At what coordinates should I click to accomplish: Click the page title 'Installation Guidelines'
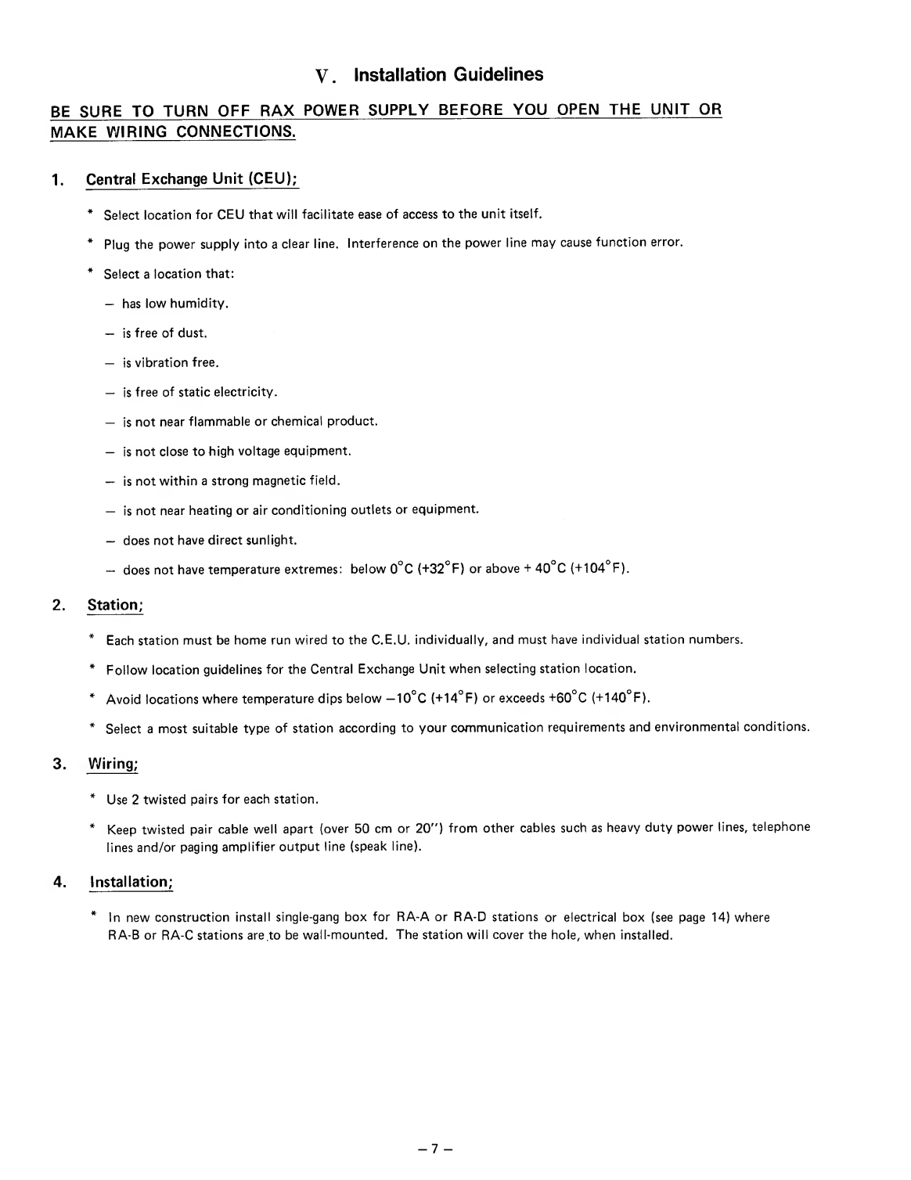[448, 75]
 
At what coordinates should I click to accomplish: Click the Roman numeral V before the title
[321, 77]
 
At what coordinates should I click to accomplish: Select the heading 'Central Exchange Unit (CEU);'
[192, 179]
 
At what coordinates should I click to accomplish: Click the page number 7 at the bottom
[436, 1149]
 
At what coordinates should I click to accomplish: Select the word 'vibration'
[162, 363]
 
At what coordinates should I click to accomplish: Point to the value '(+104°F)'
[603, 569]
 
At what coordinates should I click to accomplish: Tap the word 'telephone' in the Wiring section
[780, 827]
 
